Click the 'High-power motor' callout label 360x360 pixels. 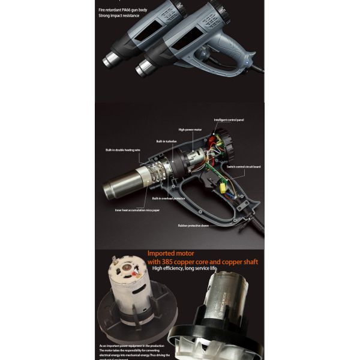click(191, 129)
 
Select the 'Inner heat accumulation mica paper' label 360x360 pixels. click(139, 210)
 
